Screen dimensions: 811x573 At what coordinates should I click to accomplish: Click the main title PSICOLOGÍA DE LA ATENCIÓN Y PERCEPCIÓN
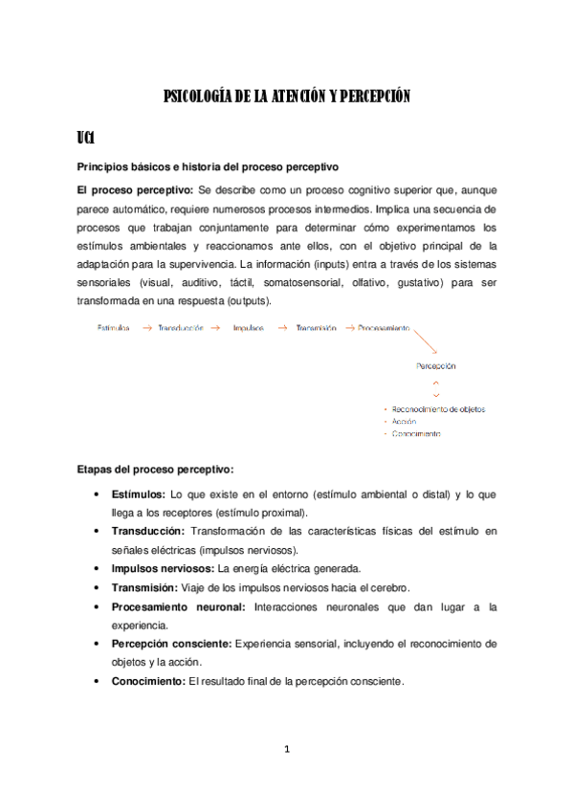point(286,96)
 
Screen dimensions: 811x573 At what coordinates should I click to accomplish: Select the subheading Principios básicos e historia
point(206,167)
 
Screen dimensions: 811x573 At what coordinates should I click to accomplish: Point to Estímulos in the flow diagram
point(114,328)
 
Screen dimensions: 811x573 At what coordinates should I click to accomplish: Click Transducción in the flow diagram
point(181,328)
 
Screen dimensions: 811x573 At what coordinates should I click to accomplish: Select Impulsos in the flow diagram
point(248,328)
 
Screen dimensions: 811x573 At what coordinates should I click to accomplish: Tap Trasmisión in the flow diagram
point(316,328)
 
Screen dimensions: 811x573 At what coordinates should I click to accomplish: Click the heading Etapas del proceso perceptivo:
point(154,469)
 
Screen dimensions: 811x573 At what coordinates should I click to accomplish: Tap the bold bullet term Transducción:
point(148,530)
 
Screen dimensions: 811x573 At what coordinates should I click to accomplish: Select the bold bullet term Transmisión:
point(146,587)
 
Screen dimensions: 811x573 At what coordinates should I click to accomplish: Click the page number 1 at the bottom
point(286,749)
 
